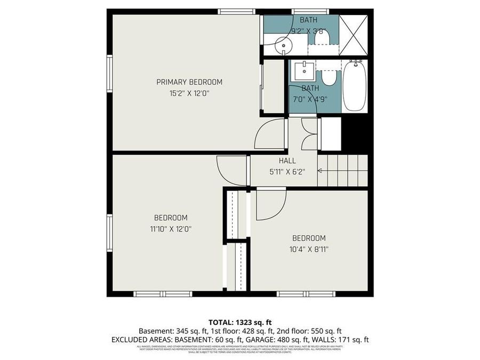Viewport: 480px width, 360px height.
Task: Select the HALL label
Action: [x=287, y=161]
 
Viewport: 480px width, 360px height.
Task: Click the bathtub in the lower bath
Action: [x=354, y=86]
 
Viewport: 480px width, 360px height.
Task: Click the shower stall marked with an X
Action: [x=354, y=32]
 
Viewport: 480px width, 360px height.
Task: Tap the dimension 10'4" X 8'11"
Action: [x=308, y=249]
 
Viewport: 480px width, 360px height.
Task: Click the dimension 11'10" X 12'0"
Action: [x=171, y=228]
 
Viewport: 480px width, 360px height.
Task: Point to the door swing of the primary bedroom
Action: [x=269, y=134]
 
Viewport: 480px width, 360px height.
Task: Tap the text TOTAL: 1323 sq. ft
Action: [x=239, y=322]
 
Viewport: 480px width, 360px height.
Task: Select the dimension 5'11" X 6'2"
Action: [x=287, y=172]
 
